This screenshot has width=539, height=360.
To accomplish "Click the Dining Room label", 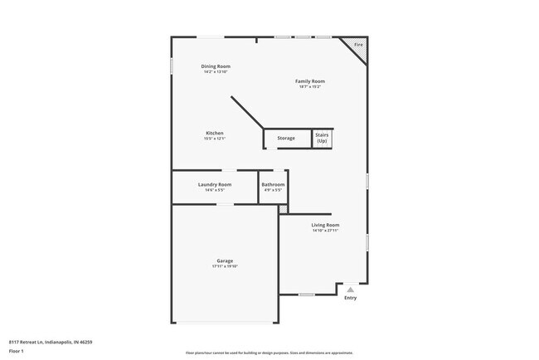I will tap(216, 66).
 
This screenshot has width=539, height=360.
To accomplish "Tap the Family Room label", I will tap(310, 81).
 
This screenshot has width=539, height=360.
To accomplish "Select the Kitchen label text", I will tap(215, 133).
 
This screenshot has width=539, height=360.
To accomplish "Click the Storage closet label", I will tap(285, 138).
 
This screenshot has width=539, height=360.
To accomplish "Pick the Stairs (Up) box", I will tap(322, 139).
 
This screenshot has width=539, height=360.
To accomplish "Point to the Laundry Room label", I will tap(215, 184).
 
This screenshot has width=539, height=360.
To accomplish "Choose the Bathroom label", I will tap(273, 184).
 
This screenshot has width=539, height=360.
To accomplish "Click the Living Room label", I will tap(325, 225).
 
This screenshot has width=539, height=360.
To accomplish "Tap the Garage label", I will tap(225, 260).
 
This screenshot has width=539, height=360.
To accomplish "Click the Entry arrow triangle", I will tap(350, 289).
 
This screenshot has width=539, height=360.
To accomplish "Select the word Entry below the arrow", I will tap(350, 298).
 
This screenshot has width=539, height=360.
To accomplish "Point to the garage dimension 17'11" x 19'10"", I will tap(225, 266).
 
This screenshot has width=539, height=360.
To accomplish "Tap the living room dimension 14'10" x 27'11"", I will tap(325, 231).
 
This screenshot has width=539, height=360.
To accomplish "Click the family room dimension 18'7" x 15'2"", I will tap(310, 86).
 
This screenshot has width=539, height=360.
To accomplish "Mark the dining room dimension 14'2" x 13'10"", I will tap(216, 71).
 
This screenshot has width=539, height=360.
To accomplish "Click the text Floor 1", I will tap(17, 350).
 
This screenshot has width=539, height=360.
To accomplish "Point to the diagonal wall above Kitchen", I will tap(246, 113).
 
